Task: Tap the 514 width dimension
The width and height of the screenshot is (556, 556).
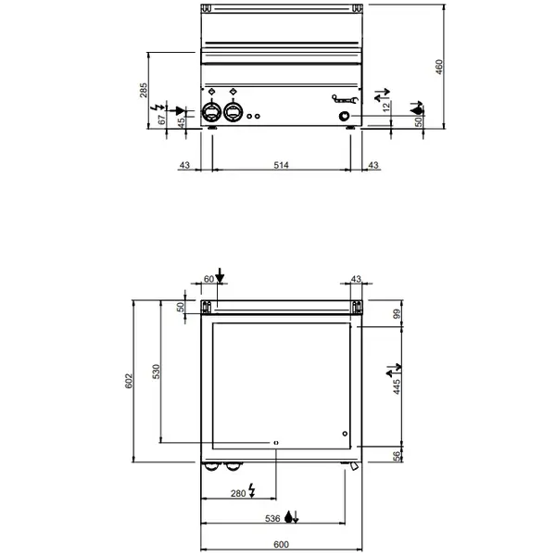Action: coord(282,165)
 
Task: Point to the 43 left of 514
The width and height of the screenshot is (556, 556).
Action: coord(183,165)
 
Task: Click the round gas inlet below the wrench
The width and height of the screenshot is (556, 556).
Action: coord(346,116)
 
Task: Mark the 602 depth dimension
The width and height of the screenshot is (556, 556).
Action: coord(131,381)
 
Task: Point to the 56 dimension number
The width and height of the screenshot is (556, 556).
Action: coord(396,455)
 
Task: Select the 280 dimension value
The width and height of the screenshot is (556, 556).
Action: coord(238,493)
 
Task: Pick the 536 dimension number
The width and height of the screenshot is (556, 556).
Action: coord(272,518)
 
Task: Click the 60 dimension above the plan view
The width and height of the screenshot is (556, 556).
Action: coord(208,279)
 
